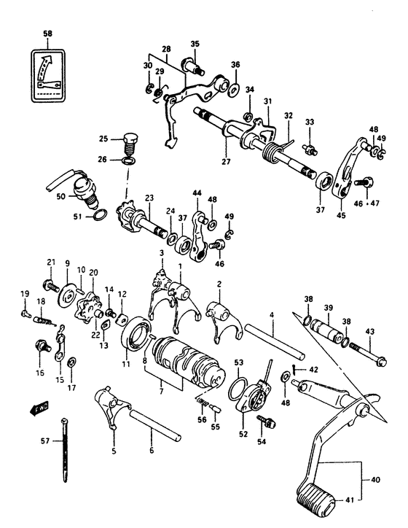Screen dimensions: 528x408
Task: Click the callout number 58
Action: click(x=47, y=34)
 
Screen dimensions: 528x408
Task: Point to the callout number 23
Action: click(x=149, y=196)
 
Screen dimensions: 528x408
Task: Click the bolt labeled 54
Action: click(x=267, y=422)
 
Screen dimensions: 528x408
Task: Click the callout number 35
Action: click(x=194, y=44)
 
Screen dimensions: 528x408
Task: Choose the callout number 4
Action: click(x=270, y=316)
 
